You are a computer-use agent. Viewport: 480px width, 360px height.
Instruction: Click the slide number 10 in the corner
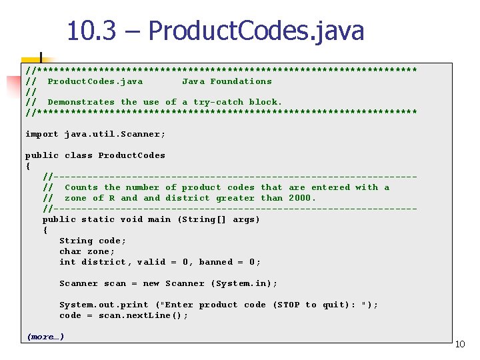click(460, 344)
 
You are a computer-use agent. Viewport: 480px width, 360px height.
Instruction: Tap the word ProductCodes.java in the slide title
click(256, 31)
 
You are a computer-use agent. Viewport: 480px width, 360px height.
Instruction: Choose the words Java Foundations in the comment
click(227, 81)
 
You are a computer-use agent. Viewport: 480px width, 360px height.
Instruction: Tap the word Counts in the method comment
click(81, 187)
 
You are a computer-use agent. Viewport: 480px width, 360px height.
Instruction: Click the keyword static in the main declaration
click(98, 219)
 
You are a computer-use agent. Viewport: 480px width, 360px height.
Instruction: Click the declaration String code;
click(93, 241)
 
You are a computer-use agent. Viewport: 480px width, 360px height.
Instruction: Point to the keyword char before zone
click(70, 251)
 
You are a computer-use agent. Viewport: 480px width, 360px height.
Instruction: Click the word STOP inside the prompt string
click(288, 305)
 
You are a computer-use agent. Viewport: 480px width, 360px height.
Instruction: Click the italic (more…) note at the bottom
click(45, 337)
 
